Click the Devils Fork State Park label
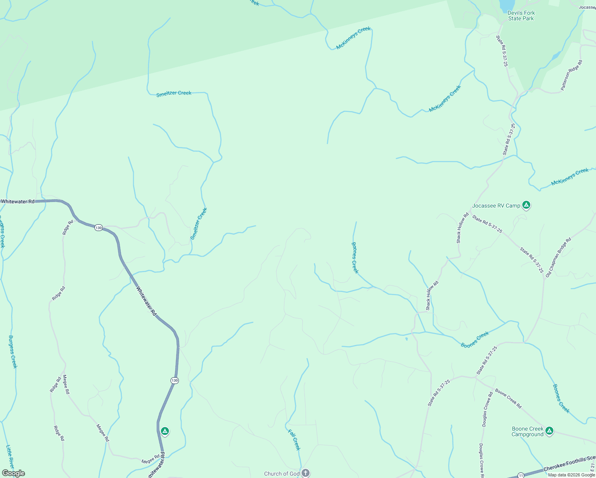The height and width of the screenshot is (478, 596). click(x=521, y=16)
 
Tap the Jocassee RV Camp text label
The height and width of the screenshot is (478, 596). click(x=496, y=206)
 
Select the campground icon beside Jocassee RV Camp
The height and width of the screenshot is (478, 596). click(x=526, y=205)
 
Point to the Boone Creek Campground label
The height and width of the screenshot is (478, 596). click(x=527, y=432)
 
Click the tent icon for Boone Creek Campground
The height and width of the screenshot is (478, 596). click(x=549, y=431)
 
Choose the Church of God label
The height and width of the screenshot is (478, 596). click(x=282, y=474)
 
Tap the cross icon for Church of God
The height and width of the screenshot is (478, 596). click(x=305, y=473)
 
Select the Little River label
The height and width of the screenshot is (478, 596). click(x=10, y=457)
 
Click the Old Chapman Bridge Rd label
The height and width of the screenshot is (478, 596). click(x=558, y=257)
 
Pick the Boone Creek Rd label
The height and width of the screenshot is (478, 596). click(x=508, y=398)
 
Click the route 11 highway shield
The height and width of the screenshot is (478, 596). click(x=521, y=475)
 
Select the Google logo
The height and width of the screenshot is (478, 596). click(x=13, y=473)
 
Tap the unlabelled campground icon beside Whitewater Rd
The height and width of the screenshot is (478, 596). click(x=165, y=431)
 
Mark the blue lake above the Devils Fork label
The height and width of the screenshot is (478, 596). click(x=506, y=5)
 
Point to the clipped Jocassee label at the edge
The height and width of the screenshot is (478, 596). click(x=587, y=7)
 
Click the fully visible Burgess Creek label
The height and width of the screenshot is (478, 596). click(x=13, y=352)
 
